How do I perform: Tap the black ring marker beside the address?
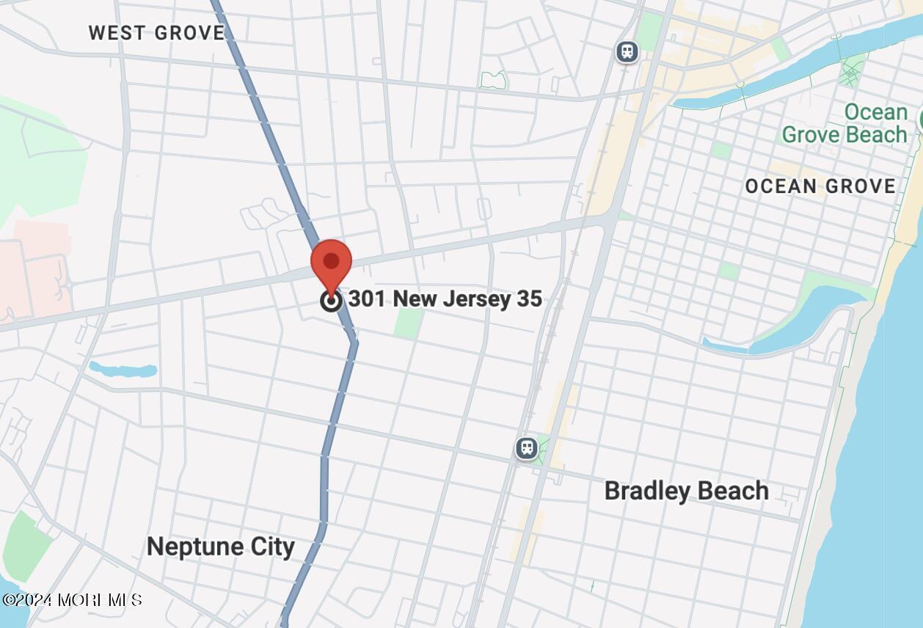pyautogui.click(x=331, y=300)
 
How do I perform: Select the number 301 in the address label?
pyautogui.click(x=368, y=299)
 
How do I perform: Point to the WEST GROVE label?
pyautogui.click(x=157, y=33)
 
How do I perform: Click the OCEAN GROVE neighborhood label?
pyautogui.click(x=820, y=186)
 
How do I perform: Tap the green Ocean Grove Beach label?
pyautogui.click(x=844, y=124)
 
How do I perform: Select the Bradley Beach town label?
pyautogui.click(x=686, y=491)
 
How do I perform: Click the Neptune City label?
pyautogui.click(x=221, y=547)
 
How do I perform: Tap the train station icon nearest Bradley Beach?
pyautogui.click(x=526, y=448)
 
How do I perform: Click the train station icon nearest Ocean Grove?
pyautogui.click(x=627, y=51)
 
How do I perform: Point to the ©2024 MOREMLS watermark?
pyautogui.click(x=72, y=599)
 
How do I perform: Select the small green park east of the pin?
pyautogui.click(x=408, y=323)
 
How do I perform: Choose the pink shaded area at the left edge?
pyautogui.click(x=33, y=271)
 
